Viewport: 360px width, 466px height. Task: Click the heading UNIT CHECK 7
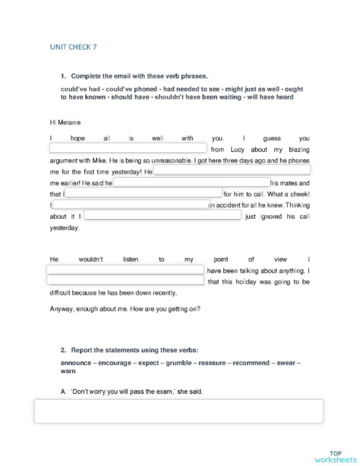pyautogui.click(x=73, y=47)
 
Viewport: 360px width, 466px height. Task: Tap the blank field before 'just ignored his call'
pyautogui.click(x=163, y=215)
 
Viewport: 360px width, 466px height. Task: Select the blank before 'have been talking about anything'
pyautogui.click(x=125, y=270)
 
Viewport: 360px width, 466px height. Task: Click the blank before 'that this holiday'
pyautogui.click(x=125, y=282)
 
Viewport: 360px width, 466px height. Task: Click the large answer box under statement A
pyautogui.click(x=179, y=411)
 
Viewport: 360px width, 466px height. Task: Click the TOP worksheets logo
pyautogui.click(x=335, y=456)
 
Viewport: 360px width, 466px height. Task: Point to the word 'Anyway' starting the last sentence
pyautogui.click(x=62, y=309)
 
